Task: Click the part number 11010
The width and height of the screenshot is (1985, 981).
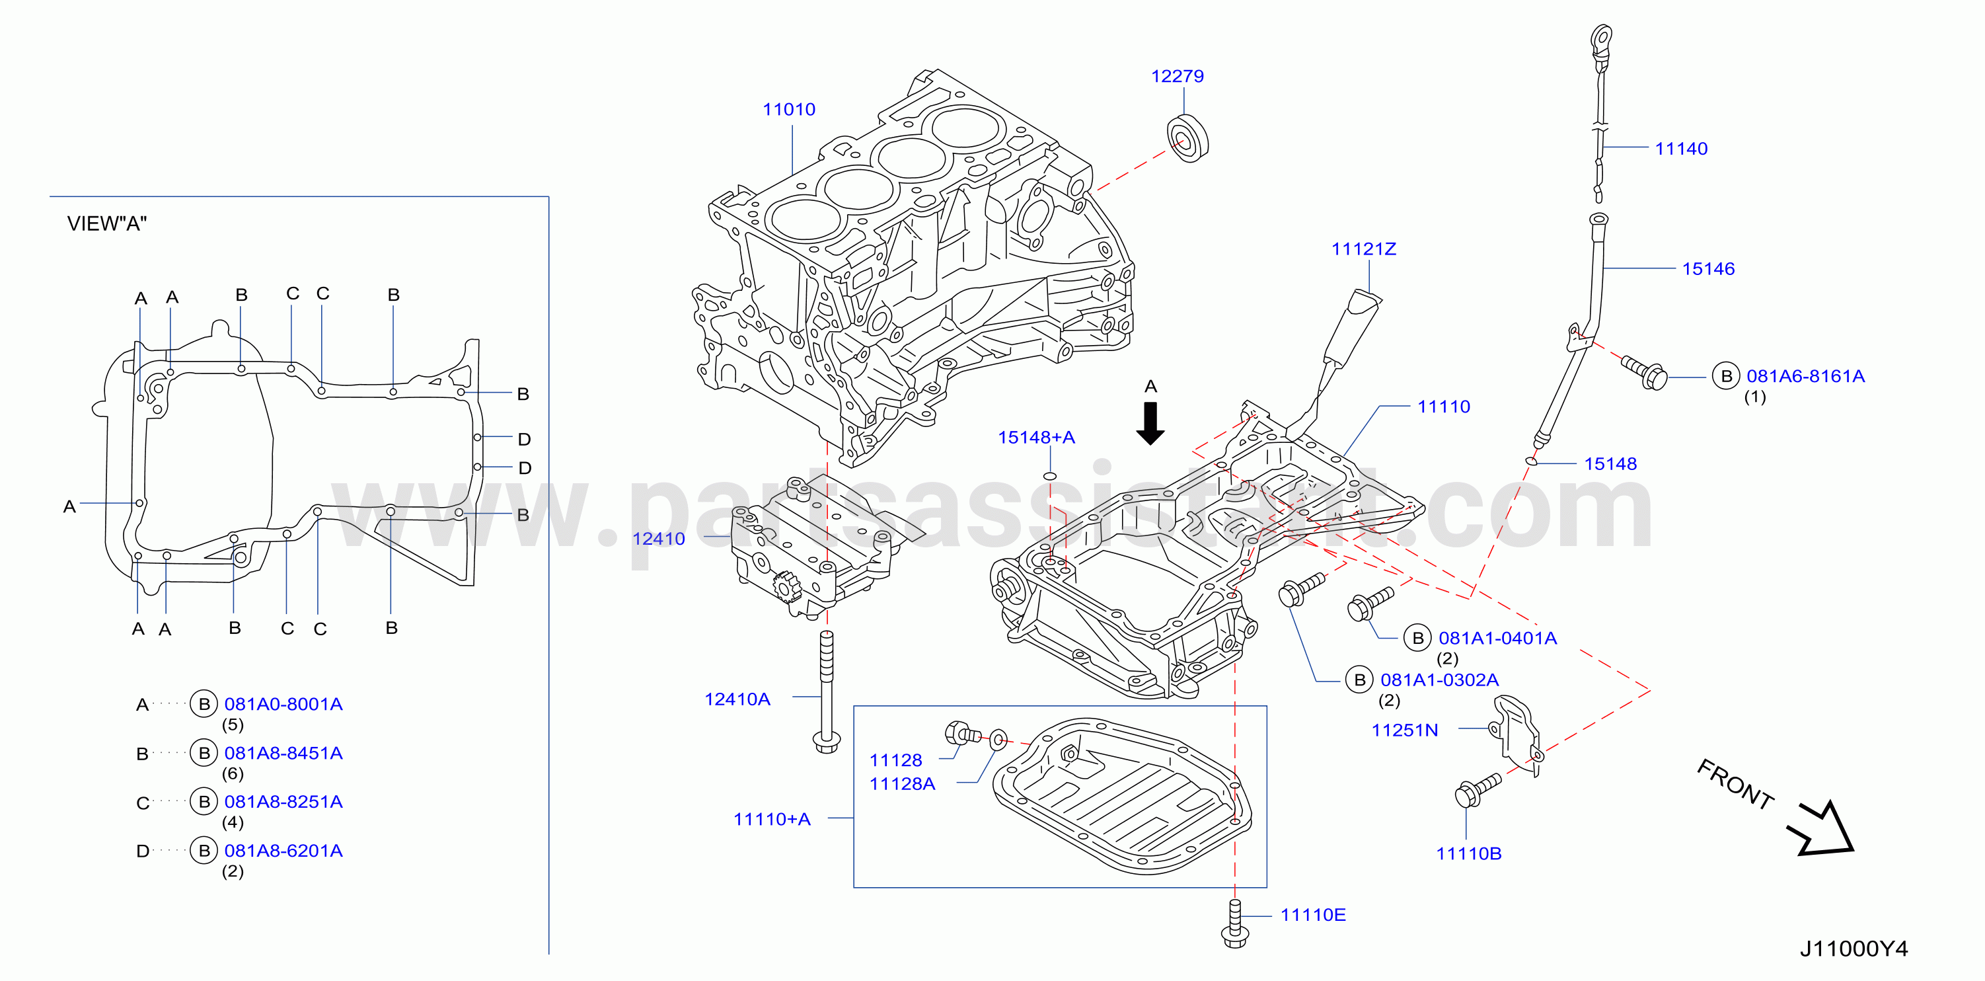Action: [788, 110]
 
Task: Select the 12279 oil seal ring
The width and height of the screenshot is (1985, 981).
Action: [1187, 138]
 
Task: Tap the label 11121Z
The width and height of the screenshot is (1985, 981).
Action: [1363, 249]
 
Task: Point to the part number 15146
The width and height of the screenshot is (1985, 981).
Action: [1707, 269]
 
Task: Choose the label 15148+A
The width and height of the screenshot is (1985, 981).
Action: [1035, 437]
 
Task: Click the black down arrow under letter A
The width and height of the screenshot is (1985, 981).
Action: [1150, 423]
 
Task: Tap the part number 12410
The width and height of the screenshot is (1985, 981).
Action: [658, 539]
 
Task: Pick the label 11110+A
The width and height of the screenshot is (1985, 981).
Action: [771, 819]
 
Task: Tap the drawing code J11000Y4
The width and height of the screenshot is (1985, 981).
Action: [1854, 949]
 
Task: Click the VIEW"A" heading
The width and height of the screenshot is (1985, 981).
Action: [106, 223]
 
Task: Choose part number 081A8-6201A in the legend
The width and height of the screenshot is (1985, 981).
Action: [283, 851]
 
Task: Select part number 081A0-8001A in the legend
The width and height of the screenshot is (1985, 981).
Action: [283, 703]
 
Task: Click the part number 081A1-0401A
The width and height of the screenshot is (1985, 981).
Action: [1497, 638]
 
